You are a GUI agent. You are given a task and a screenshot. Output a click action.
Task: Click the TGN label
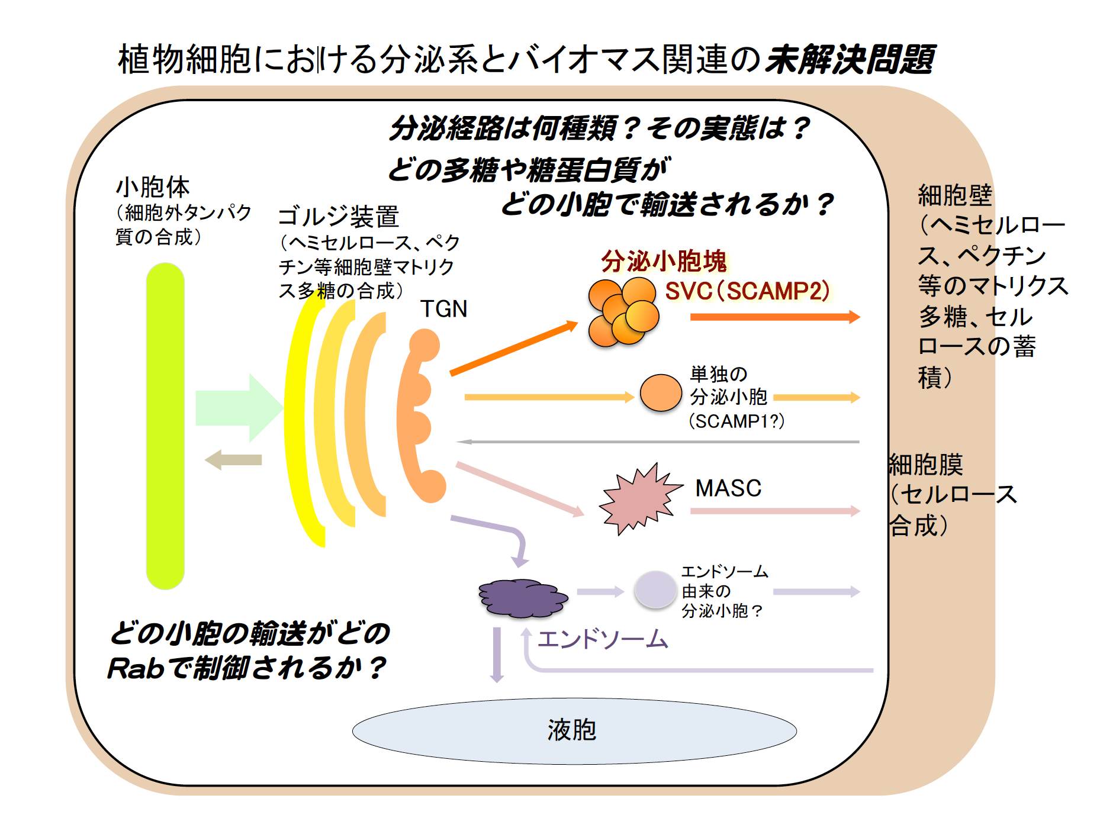(x=443, y=308)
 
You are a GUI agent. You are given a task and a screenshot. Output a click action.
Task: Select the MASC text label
(x=728, y=488)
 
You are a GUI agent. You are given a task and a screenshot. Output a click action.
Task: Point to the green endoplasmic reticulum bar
(x=165, y=426)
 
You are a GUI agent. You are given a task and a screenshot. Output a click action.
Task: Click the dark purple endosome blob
(x=523, y=598)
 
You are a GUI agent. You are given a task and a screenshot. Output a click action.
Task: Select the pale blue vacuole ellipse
(x=574, y=731)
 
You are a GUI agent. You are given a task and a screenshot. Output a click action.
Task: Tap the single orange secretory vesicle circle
(x=661, y=392)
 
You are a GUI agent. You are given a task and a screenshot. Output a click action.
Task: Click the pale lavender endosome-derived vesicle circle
(x=655, y=589)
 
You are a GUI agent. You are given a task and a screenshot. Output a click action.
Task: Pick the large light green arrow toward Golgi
(x=239, y=408)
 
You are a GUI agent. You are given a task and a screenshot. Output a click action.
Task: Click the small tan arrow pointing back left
(x=233, y=460)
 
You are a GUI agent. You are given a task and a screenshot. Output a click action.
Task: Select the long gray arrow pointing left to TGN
(x=658, y=442)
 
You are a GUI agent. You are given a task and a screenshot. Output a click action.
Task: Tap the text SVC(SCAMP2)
(x=747, y=291)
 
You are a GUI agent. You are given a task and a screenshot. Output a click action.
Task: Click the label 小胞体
(x=152, y=187)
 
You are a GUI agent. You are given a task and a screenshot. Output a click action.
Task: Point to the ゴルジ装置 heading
(x=339, y=217)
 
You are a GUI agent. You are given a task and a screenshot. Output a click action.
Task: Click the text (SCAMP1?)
(x=736, y=421)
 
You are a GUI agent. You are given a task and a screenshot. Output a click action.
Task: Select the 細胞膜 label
(x=925, y=465)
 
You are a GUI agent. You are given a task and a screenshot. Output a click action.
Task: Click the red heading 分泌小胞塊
(x=664, y=261)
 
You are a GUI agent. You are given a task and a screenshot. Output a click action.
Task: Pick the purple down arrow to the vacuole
(x=497, y=655)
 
